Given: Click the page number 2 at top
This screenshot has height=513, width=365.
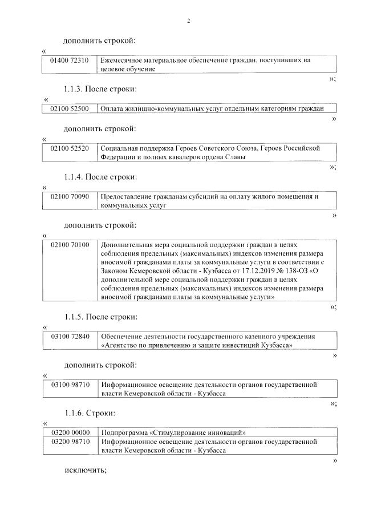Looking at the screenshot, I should click(x=188, y=22).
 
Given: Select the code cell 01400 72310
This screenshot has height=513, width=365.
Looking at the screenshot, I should click(x=70, y=60).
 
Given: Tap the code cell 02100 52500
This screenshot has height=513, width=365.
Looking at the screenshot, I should click(x=70, y=108).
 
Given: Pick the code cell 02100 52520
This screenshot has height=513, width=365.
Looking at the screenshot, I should click(x=70, y=148).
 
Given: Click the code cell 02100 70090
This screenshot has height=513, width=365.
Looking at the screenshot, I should click(x=70, y=197).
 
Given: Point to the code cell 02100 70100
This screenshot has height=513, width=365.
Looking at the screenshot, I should click(x=70, y=245).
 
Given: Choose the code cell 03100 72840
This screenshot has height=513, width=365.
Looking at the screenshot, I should click(x=70, y=337).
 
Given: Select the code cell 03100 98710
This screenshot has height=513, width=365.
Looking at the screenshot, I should click(x=70, y=385).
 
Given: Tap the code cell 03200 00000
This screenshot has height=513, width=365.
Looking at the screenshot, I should click(x=70, y=433).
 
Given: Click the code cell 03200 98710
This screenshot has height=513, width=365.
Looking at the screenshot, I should click(x=70, y=442).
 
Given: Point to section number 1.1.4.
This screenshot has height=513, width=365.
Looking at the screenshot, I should click(x=74, y=177).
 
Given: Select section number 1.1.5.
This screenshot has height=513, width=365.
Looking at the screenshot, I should click(x=74, y=317).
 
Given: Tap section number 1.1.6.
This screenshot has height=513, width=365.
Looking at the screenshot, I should click(x=74, y=412).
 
